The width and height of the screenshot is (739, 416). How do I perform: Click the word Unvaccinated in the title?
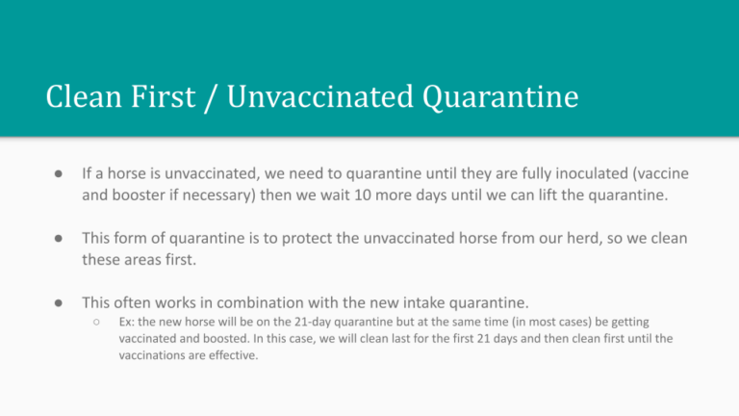click(x=320, y=96)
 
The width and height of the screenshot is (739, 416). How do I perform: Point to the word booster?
click(x=139, y=195)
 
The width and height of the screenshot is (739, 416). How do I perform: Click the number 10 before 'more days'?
click(x=363, y=195)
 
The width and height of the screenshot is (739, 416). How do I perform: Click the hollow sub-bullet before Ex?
click(x=96, y=323)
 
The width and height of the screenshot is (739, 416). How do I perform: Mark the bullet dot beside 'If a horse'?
click(x=59, y=174)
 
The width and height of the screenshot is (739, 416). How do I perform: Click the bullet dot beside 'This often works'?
click(x=59, y=302)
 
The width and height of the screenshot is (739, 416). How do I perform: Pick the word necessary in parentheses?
click(x=219, y=195)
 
